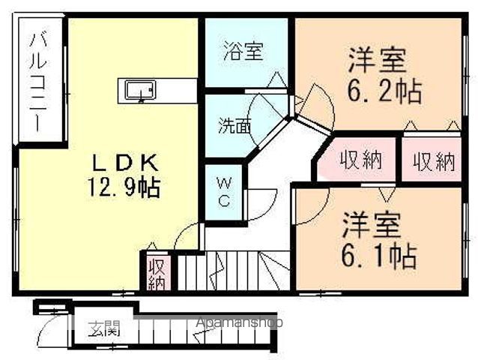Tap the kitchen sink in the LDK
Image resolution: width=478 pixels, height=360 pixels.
click(141, 90)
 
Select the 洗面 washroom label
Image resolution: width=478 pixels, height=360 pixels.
click(235, 126)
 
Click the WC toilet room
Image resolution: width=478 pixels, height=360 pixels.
click(224, 192)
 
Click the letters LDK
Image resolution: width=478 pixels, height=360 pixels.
click(125, 163)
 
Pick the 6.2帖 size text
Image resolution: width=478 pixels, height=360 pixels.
click(384, 91)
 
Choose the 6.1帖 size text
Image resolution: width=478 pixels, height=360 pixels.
click(378, 256)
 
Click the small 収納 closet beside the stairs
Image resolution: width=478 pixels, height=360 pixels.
click(157, 273)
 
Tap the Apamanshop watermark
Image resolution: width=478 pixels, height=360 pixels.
click(239, 322)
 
